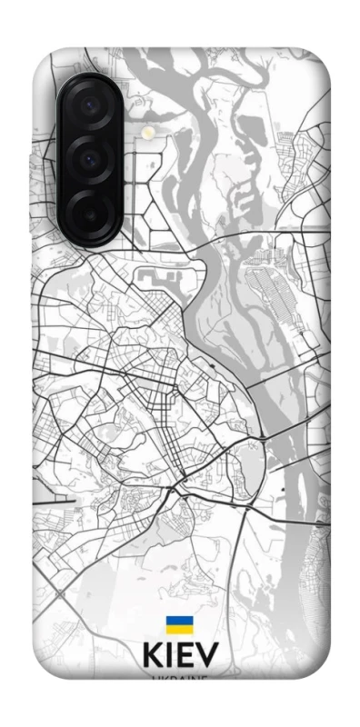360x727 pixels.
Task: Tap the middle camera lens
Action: coord(90,159)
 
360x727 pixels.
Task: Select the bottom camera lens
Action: coord(90,211)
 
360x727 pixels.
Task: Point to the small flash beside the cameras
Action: coord(146,133)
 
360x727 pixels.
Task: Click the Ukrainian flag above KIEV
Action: coord(178,626)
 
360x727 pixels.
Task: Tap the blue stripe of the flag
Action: coord(178,622)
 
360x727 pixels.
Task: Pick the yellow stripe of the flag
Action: coord(178,631)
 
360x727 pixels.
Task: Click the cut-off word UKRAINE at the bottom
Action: coord(179,678)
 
